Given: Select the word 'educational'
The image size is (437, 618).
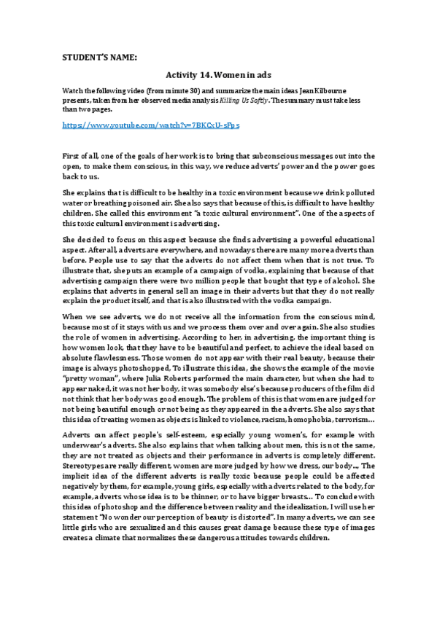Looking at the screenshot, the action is coord(349,238).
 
